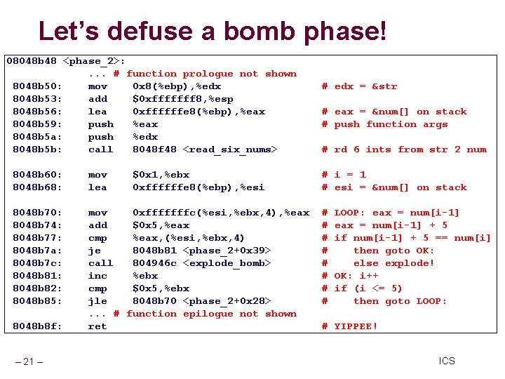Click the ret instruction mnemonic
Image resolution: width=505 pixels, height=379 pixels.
click(x=97, y=326)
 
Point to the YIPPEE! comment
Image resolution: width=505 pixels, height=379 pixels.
click(x=356, y=326)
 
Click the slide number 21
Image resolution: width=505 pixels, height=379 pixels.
click(x=29, y=361)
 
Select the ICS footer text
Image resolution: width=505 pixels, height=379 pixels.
click(x=447, y=361)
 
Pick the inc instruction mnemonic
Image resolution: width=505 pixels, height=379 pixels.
click(x=97, y=276)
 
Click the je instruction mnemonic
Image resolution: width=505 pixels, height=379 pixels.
click(x=94, y=251)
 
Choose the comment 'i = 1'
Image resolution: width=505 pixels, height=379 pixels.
click(x=350, y=175)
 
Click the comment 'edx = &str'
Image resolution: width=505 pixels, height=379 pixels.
click(x=365, y=86)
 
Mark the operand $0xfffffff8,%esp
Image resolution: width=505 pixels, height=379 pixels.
click(x=183, y=99)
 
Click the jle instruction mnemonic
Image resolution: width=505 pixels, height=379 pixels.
click(x=97, y=301)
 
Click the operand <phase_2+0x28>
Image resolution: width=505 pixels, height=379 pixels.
click(x=227, y=301)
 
